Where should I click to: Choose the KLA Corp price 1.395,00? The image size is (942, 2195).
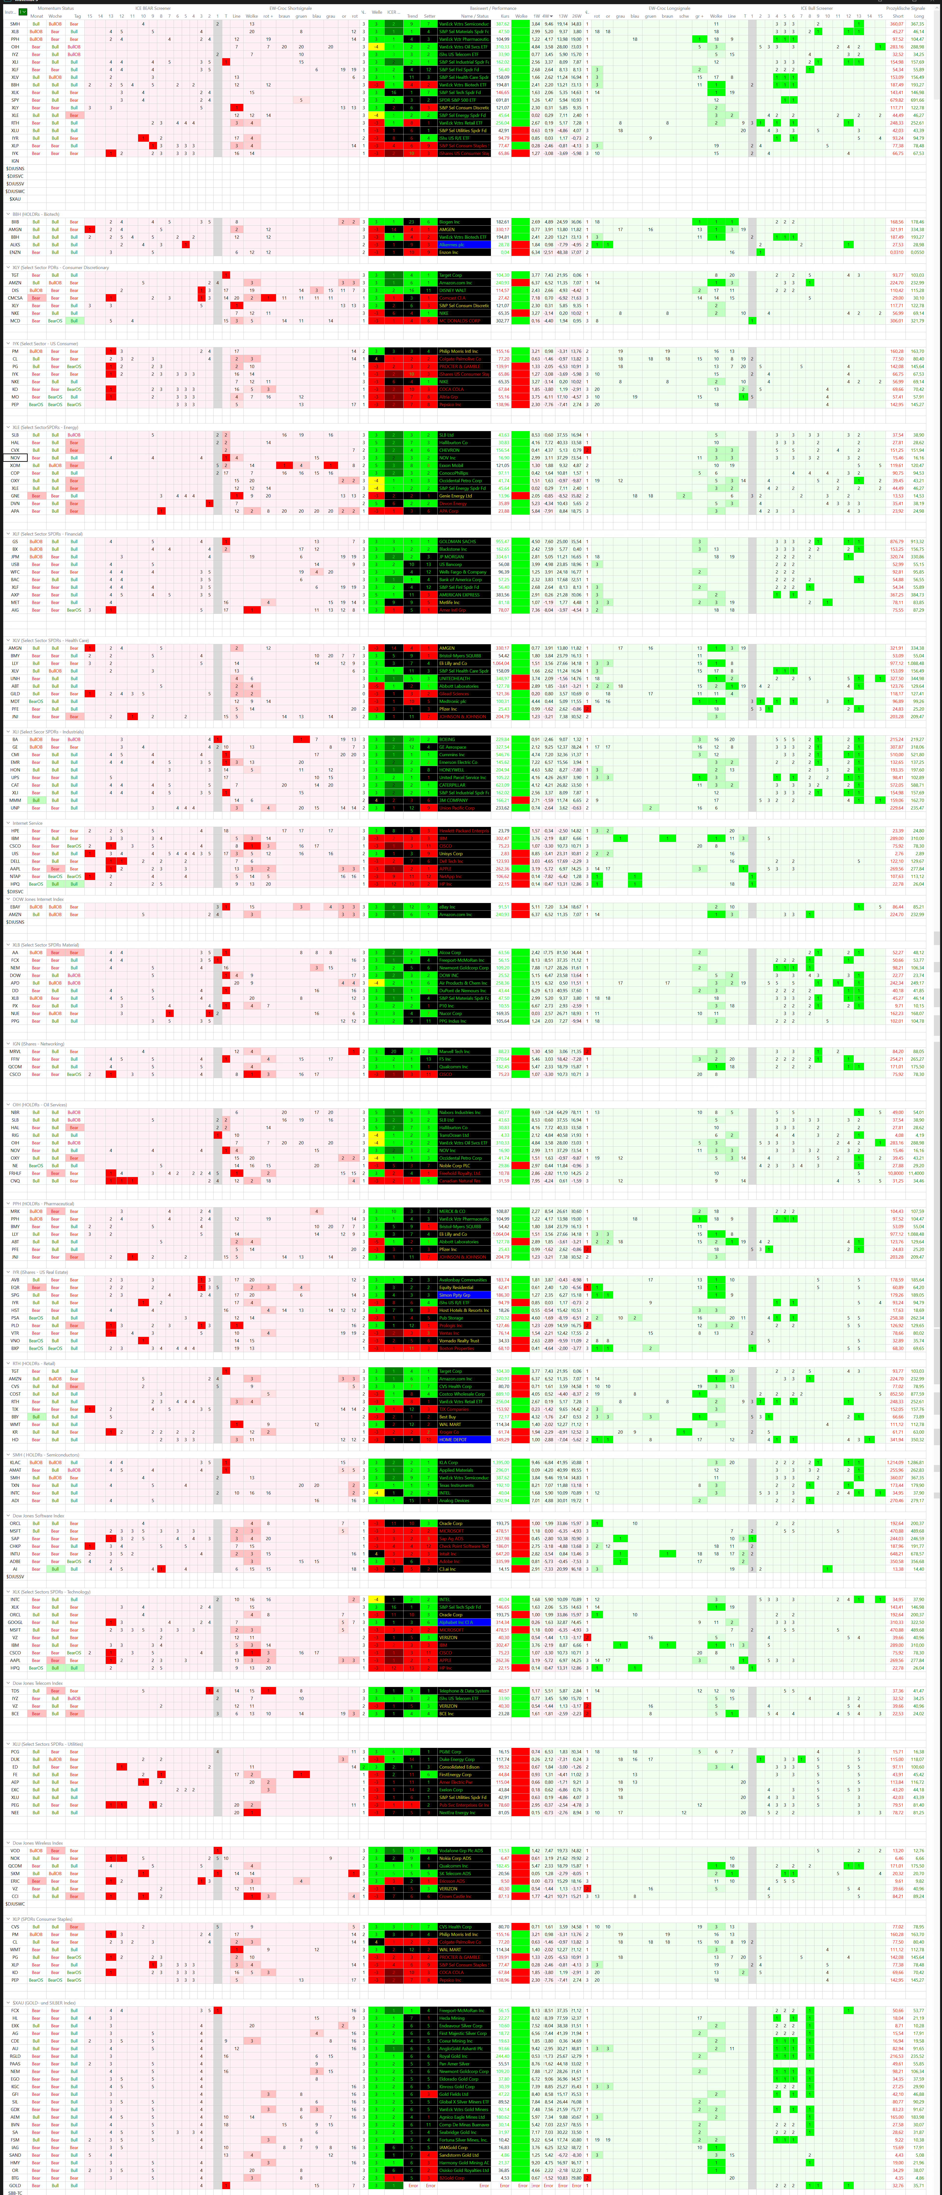(x=502, y=1462)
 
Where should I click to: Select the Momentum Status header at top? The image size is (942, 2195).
(x=55, y=8)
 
